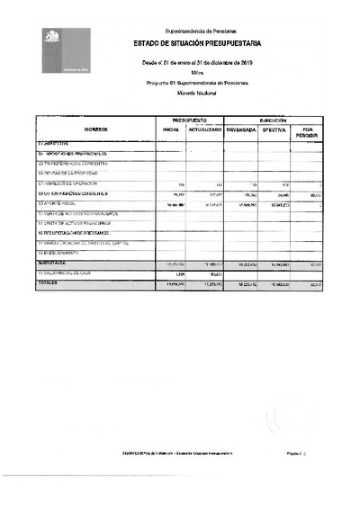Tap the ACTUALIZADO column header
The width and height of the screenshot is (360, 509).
[x=206, y=129]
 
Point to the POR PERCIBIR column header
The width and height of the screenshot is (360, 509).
[x=309, y=132]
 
